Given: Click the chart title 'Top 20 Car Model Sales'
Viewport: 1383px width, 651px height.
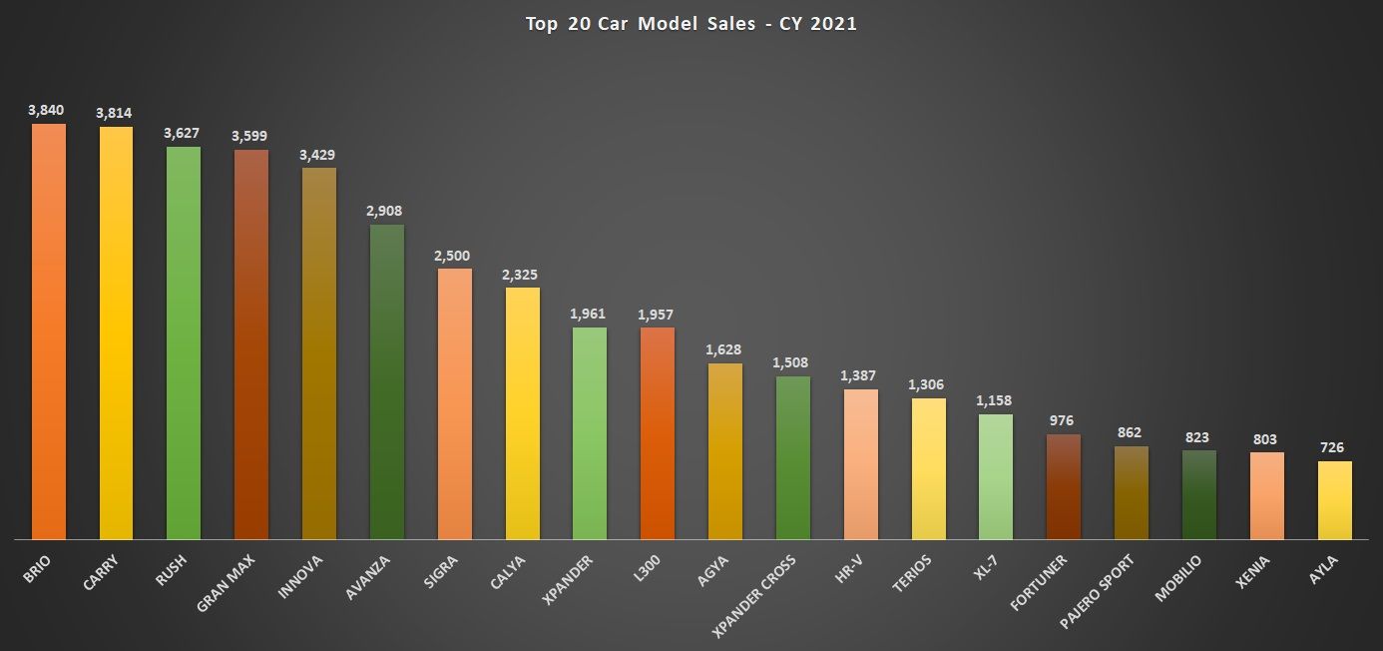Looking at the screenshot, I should click(x=691, y=24).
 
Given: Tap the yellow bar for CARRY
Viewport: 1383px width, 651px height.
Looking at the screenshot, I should click(x=116, y=333).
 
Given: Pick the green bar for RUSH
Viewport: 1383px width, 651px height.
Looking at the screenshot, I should click(x=184, y=343).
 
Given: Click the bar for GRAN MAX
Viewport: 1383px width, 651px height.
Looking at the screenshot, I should click(x=250, y=345).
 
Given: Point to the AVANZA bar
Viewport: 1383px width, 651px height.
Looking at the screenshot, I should click(x=386, y=382).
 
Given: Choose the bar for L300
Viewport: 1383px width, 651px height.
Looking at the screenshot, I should click(x=657, y=434).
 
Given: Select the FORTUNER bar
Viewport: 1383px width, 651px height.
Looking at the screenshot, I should click(x=1064, y=487).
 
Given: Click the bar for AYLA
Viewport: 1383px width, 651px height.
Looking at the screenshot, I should click(x=1334, y=500).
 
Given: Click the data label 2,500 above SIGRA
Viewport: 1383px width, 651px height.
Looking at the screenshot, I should click(x=453, y=256).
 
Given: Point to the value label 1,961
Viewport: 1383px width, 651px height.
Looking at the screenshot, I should click(x=589, y=315).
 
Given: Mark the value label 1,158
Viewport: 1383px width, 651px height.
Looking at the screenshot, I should click(x=995, y=401).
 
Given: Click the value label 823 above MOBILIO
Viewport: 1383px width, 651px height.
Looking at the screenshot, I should click(x=1198, y=437).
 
